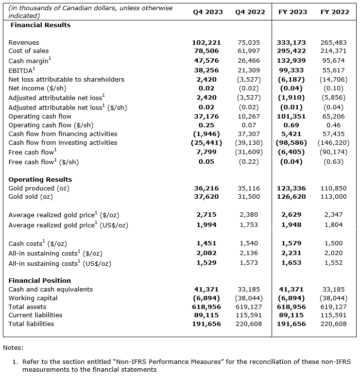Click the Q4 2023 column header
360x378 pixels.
(x=207, y=12)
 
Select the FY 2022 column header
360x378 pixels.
(x=335, y=12)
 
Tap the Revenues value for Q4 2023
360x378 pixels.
(x=206, y=43)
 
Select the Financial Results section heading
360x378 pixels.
(x=40, y=25)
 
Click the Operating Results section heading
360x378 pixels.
(x=40, y=179)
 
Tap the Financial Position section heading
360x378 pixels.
(x=40, y=280)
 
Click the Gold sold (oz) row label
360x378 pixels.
(x=31, y=197)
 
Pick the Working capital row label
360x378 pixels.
(x=33, y=298)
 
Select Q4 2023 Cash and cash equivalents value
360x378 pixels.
(x=206, y=290)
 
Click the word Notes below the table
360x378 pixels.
(x=13, y=348)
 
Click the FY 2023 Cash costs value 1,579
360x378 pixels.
(x=292, y=243)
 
